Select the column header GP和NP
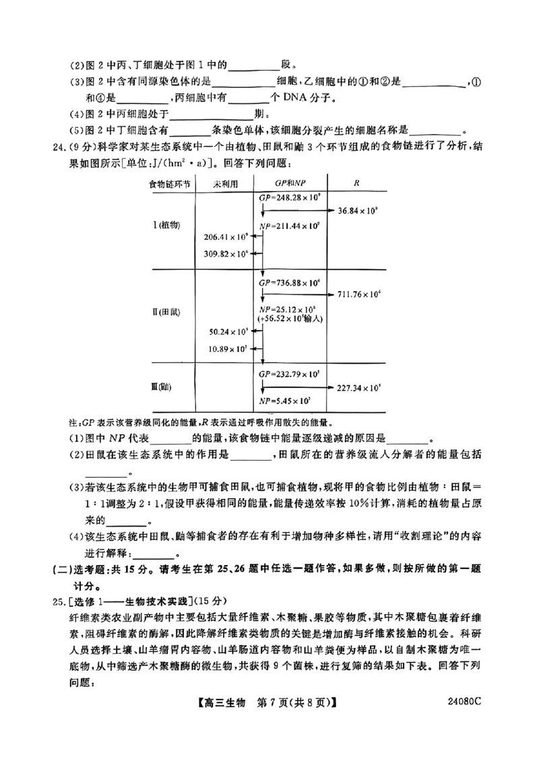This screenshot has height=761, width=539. pyautogui.click(x=289, y=183)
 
